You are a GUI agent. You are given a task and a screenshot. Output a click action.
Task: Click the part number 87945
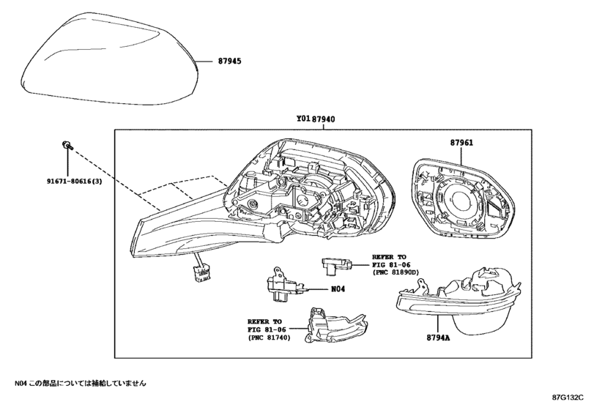229,61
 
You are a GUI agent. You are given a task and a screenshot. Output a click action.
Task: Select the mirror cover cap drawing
111,59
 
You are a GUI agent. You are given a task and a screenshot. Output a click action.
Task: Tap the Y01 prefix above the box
303,119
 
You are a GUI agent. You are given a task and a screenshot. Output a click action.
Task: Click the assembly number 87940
323,119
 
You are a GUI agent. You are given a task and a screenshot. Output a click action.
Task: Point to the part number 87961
461,143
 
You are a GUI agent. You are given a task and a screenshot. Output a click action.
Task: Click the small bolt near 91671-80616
67,145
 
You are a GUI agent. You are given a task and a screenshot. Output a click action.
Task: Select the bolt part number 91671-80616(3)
74,182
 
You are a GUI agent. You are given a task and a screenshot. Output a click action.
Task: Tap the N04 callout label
338,289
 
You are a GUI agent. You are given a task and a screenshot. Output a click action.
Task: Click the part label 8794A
438,338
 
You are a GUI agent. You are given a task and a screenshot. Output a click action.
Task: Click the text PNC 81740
269,338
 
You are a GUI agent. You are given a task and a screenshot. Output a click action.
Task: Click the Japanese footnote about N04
81,383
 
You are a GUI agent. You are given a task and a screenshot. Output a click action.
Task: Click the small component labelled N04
284,284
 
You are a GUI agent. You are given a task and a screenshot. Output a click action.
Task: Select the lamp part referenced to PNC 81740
337,325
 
